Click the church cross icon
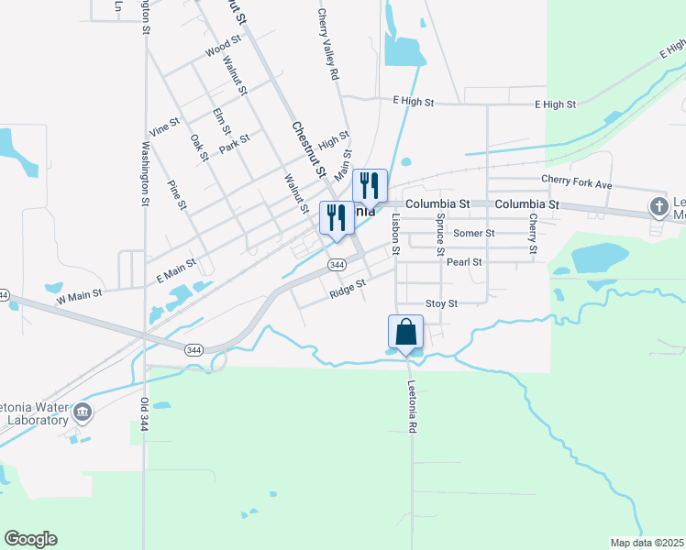[x=659, y=207]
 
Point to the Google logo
[x=30, y=538]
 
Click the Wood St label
[x=223, y=46]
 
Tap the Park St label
[x=235, y=144]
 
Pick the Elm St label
[x=219, y=121]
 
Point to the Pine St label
[x=177, y=194]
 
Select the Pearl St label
[x=464, y=261]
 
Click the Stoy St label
[x=441, y=302]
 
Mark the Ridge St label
[x=348, y=288]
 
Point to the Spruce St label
[x=441, y=234]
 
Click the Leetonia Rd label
[x=413, y=407]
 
